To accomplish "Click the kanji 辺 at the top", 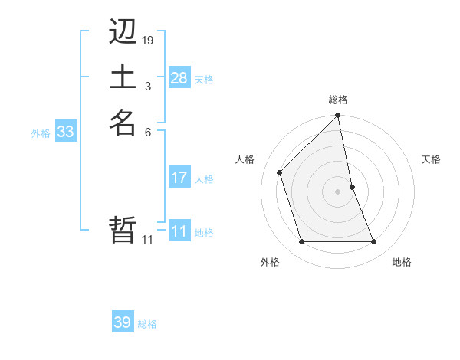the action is (123, 32).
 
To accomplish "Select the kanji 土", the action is (123, 77).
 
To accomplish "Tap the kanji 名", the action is (123, 123).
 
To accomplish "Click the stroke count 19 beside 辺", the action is (148, 41).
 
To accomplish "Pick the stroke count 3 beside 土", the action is (148, 87).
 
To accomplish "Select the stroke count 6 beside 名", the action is (148, 132).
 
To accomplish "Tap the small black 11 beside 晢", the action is (148, 240).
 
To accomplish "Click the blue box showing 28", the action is (179, 77).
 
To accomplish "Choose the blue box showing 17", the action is (179, 178).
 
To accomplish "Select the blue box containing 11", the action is (179, 231).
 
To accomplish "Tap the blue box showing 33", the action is (66, 132).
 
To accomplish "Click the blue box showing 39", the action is (123, 322).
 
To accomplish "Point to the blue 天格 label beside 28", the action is (204, 79).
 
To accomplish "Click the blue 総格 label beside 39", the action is (147, 324).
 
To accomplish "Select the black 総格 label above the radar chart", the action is (338, 100).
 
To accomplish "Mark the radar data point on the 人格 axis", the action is (280, 172).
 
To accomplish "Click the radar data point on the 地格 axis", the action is (374, 242).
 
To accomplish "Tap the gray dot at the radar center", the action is (338, 191).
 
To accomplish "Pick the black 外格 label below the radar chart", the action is (270, 263).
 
